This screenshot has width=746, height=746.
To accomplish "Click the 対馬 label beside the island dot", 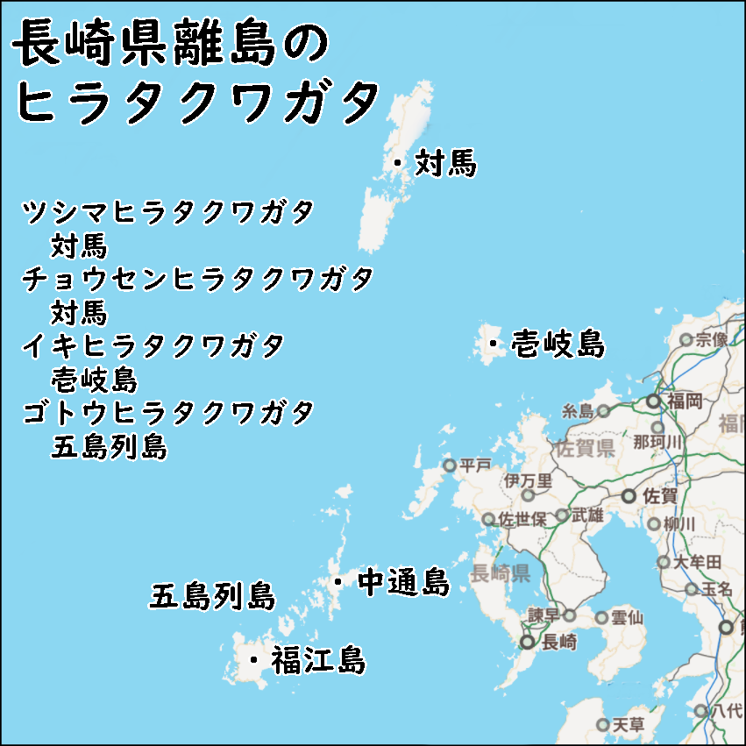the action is [445, 162].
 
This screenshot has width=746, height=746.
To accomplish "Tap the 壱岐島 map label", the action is [558, 344].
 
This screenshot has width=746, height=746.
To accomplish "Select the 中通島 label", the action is [404, 581].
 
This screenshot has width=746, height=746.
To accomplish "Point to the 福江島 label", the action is [317, 659].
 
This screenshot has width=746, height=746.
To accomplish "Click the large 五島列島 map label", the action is [212, 596].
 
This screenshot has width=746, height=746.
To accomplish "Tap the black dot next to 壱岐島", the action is [494, 344].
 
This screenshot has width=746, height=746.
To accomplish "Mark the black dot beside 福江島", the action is [253, 659].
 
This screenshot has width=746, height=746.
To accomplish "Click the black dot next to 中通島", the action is [337, 581].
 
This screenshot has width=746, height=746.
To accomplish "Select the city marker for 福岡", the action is [653, 401].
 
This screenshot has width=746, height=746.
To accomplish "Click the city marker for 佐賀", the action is [629, 496].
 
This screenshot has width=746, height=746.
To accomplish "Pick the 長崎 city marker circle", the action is [527, 642].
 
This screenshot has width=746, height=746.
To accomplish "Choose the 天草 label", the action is [628, 725].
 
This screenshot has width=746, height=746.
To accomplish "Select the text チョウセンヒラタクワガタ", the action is [198, 279].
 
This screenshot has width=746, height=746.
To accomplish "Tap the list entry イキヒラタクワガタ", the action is [153, 345].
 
